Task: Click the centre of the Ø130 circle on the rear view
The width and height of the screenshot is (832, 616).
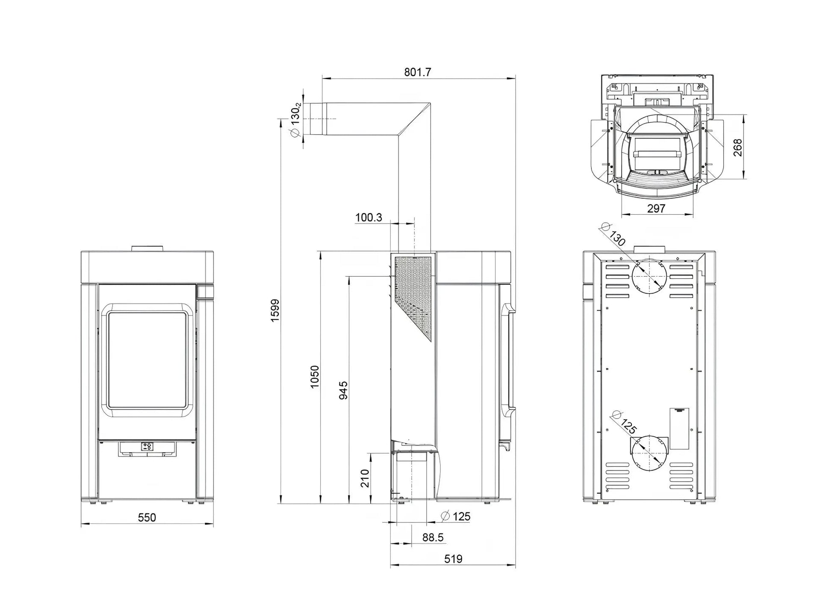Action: click(x=649, y=276)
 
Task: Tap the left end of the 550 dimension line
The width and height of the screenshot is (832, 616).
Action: click(x=81, y=523)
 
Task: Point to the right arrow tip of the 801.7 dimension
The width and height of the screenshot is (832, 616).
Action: click(x=515, y=78)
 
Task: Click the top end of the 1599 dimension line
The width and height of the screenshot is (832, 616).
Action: click(x=281, y=118)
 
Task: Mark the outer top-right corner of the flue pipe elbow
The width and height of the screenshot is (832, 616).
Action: click(x=430, y=103)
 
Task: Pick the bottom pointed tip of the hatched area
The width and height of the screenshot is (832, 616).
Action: click(x=431, y=342)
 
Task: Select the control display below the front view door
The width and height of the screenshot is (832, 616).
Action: click(x=148, y=447)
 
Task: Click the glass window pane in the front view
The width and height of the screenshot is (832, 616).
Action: click(x=147, y=360)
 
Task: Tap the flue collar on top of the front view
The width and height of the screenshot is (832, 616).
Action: click(x=147, y=248)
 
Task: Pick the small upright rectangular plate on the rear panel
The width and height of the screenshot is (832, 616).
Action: click(x=679, y=428)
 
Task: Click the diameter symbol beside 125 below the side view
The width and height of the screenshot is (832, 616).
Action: click(x=445, y=516)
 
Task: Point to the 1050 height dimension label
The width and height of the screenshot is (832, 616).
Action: click(x=315, y=377)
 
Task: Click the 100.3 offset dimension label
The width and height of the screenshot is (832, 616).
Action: click(x=369, y=218)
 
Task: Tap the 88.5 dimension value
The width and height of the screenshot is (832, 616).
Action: click(x=433, y=537)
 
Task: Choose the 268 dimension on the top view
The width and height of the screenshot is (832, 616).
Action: click(x=738, y=147)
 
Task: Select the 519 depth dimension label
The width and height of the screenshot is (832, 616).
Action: click(x=453, y=559)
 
